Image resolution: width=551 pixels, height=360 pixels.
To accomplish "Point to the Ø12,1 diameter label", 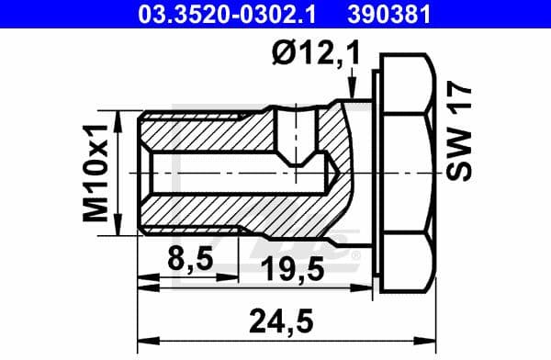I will pos(309,56).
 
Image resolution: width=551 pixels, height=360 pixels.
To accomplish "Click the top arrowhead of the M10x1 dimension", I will pos(121,117).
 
